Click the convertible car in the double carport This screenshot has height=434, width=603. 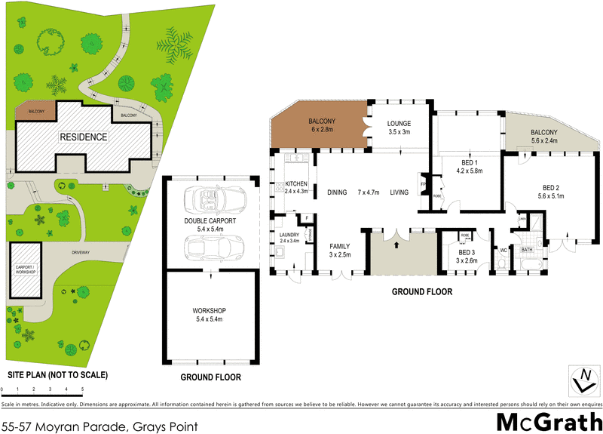[x=213, y=199]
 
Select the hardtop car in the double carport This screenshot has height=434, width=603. [x=213, y=247]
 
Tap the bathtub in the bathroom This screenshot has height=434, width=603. [x=527, y=261]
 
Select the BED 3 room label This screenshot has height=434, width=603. [x=467, y=252]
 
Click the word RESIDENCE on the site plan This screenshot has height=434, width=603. [x=84, y=137]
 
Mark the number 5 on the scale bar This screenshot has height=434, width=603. [x=82, y=389]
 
